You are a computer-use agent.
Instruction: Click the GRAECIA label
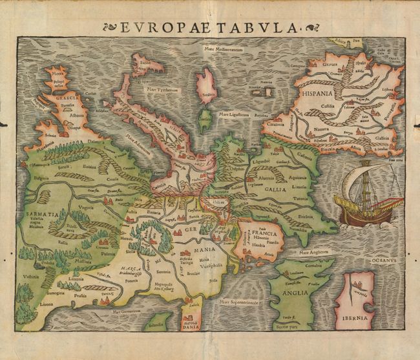tap(67, 98)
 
